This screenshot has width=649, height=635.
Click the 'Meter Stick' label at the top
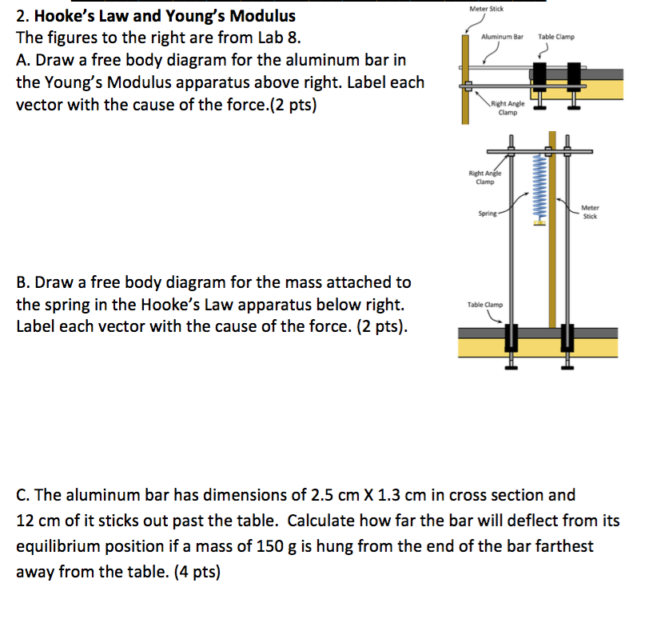click(x=487, y=9)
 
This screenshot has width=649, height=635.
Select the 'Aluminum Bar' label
click(x=502, y=37)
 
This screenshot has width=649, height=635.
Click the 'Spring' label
click(x=487, y=214)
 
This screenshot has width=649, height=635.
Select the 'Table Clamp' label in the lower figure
click(x=485, y=305)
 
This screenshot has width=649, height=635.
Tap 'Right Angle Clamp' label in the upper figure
click(x=507, y=108)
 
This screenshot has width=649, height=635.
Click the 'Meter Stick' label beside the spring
click(x=591, y=212)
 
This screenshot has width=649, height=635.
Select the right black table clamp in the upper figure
click(x=572, y=76)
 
